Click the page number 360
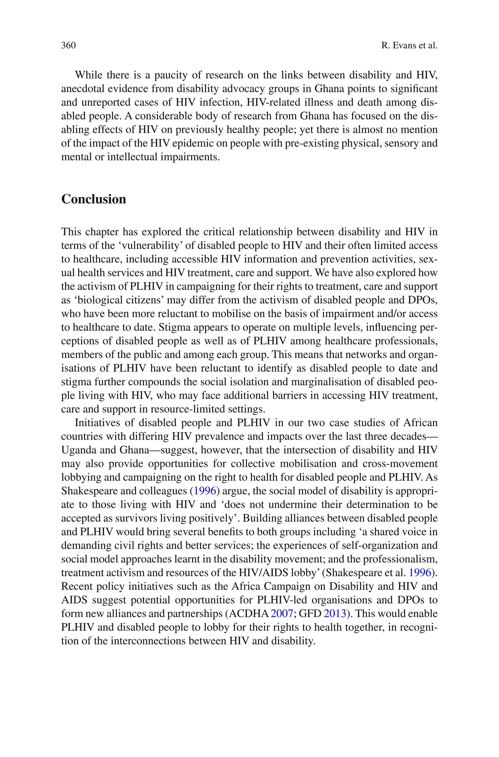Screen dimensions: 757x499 [x=68, y=46]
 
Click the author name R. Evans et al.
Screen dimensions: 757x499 [x=409, y=46]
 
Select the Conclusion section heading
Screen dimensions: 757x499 [x=94, y=199]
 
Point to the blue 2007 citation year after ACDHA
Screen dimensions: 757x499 [x=281, y=613]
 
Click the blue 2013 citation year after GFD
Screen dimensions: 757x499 [x=335, y=613]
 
